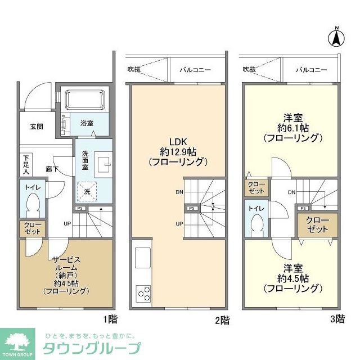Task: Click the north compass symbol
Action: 335,38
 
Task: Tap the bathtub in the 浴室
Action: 84,101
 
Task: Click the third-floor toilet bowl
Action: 258,224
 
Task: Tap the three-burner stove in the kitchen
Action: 143,293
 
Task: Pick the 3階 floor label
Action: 336,319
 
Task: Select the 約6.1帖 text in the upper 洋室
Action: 292,128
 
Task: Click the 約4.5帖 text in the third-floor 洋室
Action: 292,278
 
